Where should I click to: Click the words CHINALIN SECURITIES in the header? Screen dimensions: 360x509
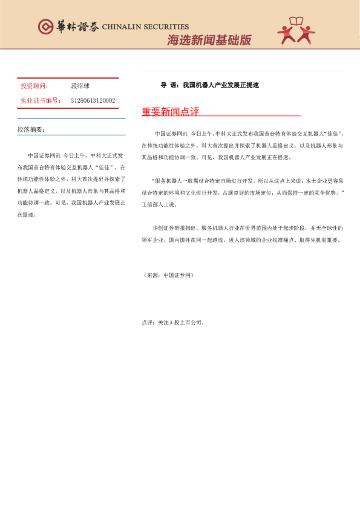pyautogui.click(x=145, y=27)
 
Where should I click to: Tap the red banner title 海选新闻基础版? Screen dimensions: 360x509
pyautogui.click(x=209, y=40)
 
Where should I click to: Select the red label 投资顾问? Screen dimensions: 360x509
pyautogui.click(x=34, y=86)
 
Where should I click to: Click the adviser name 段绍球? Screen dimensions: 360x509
pyautogui.click(x=80, y=86)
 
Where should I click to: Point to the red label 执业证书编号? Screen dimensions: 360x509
pyautogui.click(x=41, y=100)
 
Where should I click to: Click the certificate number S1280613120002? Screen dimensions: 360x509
pyautogui.click(x=93, y=100)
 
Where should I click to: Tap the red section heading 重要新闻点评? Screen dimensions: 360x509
pyautogui.click(x=170, y=112)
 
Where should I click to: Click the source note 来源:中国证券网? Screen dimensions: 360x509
pyautogui.click(x=169, y=275)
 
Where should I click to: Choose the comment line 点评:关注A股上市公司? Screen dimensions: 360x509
pyautogui.click(x=174, y=322)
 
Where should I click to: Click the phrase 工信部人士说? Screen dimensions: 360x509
pyautogui.click(x=159, y=204)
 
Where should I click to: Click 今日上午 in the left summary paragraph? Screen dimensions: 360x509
pyautogui.click(x=76, y=155)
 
